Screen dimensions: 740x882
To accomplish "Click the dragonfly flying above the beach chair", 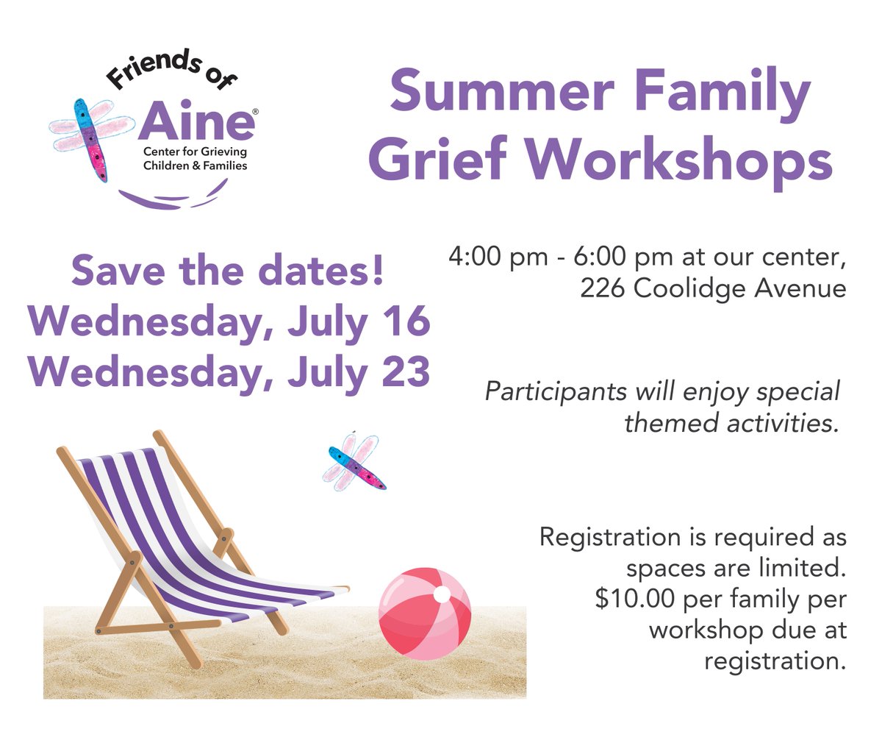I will [354, 462].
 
